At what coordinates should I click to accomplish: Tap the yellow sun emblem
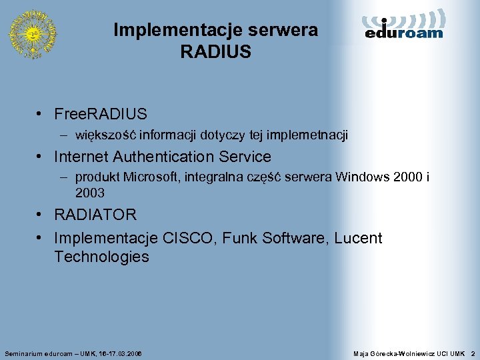[32, 33]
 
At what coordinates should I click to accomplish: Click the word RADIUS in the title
[215, 52]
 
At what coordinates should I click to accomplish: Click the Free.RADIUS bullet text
[101, 115]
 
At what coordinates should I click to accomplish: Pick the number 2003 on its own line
[90, 193]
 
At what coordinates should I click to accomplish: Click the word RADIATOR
[95, 215]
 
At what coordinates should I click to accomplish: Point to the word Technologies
[101, 257]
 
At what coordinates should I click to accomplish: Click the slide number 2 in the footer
[472, 352]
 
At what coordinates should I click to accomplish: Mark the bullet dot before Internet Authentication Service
[41, 157]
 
